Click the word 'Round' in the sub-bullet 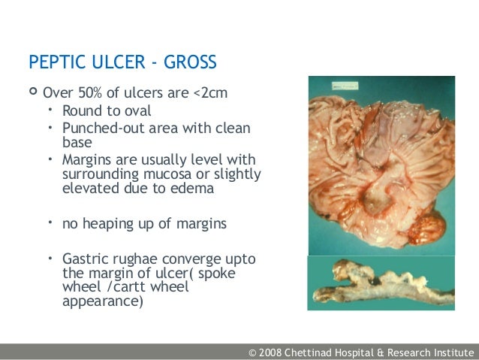point(81,111)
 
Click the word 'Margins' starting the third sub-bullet point(88,160)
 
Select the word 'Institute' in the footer point(450,352)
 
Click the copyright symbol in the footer point(253,352)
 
